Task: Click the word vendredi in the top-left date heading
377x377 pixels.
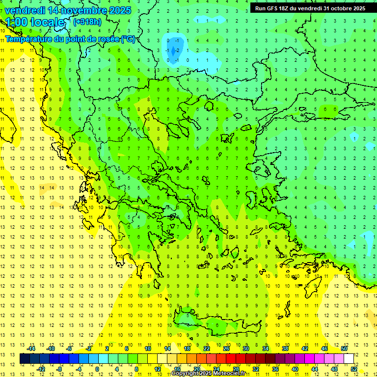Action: click(x=25, y=10)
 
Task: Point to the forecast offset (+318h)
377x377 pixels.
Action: click(x=88, y=22)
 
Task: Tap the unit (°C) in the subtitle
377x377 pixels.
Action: click(x=128, y=39)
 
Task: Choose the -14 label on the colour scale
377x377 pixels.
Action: click(x=31, y=348)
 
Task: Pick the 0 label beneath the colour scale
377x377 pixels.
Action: click(x=97, y=369)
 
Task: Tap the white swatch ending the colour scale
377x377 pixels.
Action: click(x=349, y=359)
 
